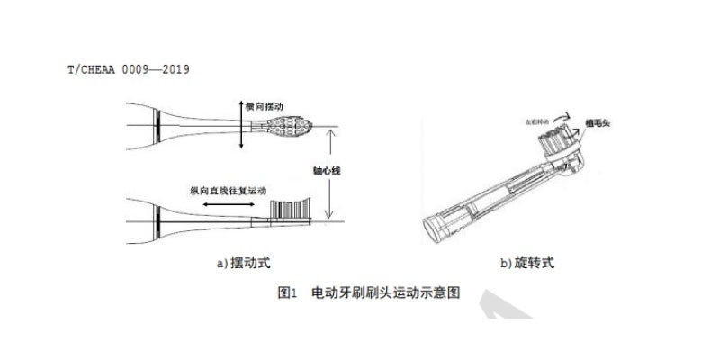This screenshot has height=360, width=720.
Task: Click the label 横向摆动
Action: pyautogui.click(x=268, y=105)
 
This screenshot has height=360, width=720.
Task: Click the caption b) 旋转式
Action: pyautogui.click(x=527, y=263)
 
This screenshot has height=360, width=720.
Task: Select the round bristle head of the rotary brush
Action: pyautogui.click(x=553, y=140)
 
